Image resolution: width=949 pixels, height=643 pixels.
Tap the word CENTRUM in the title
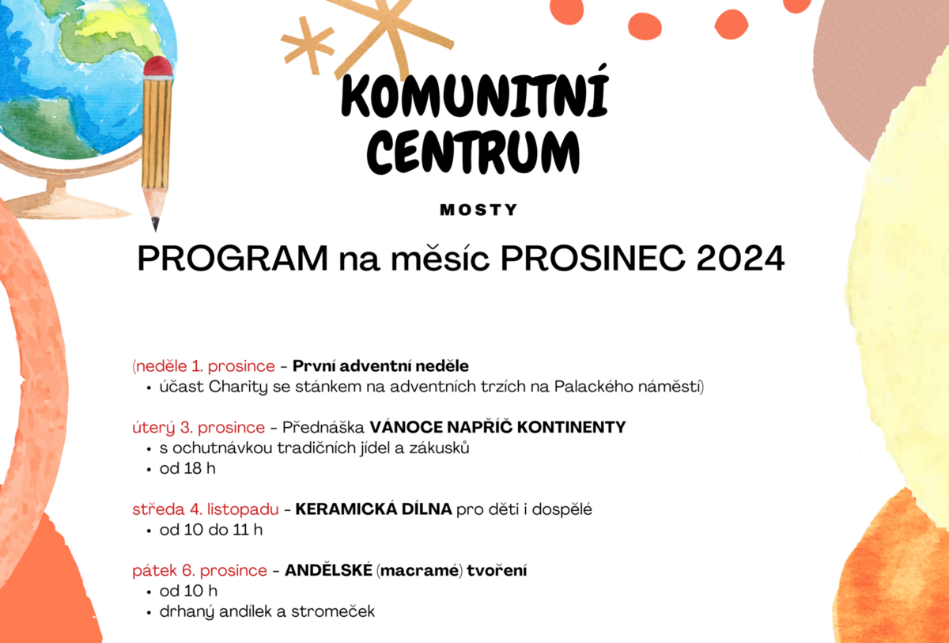(473, 152)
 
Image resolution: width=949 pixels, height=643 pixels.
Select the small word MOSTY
(478, 210)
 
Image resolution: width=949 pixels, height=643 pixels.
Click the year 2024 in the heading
(740, 259)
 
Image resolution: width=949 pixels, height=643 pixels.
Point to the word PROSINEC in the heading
(592, 259)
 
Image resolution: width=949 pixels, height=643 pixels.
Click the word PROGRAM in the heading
(233, 259)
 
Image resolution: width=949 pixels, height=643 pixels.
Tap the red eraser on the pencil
(158, 66)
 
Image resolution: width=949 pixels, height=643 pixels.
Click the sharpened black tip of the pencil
(155, 224)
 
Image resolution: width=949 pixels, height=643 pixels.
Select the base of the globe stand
(63, 206)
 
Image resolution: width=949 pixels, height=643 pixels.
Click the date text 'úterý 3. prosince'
(198, 427)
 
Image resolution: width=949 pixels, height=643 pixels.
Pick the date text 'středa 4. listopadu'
(206, 509)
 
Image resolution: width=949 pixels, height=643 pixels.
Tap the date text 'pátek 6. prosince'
(199, 570)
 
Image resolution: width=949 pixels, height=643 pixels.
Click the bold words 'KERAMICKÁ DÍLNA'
(373, 509)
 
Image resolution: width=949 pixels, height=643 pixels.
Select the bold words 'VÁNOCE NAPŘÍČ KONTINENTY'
(497, 427)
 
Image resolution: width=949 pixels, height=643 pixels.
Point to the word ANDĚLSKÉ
(328, 570)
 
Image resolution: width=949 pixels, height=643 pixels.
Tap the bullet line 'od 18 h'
(187, 468)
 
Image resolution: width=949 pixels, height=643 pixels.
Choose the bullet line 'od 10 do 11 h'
(211, 530)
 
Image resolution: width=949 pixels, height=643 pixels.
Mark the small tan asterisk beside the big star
(307, 45)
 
